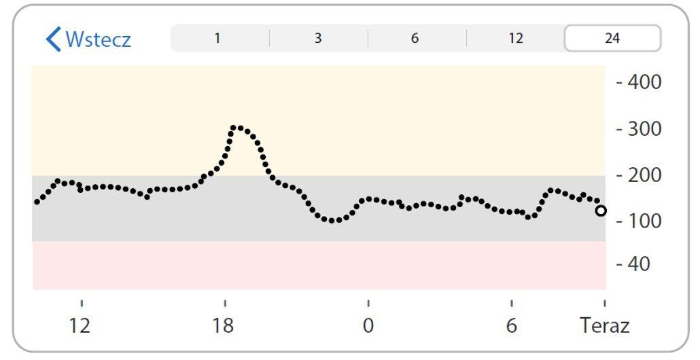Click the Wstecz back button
point(88,39)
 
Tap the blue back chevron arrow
point(53,39)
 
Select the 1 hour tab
point(217,38)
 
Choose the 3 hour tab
point(317,38)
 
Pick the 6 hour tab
point(415,38)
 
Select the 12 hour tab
point(516,38)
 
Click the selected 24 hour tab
point(612,38)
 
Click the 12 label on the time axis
point(80,326)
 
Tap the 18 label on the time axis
point(223,326)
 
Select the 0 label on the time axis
point(368,326)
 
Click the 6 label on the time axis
point(511,326)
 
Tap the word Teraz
point(604,326)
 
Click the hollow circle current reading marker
point(601,211)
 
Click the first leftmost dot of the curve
point(37,202)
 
